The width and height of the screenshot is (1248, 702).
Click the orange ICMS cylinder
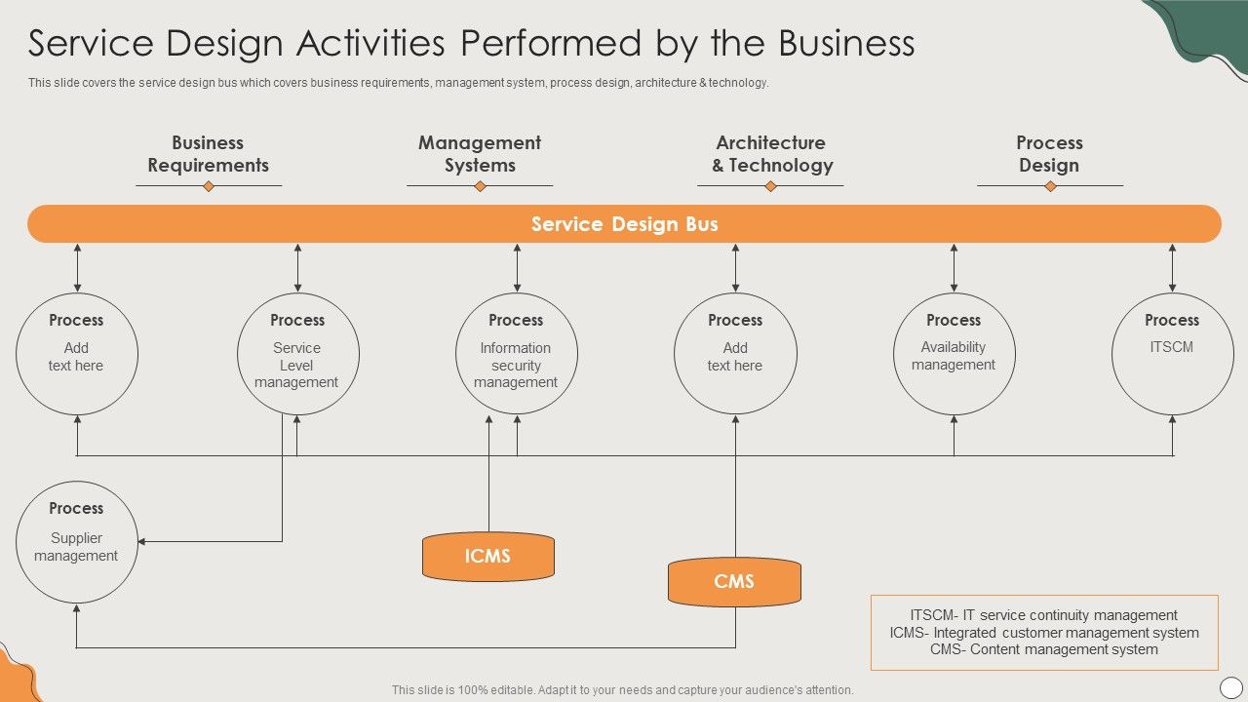point(487,557)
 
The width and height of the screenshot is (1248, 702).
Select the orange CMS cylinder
point(734,582)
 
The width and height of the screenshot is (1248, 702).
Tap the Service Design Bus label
point(624,224)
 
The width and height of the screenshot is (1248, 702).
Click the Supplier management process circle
point(76,542)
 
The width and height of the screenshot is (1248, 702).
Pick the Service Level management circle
point(297,354)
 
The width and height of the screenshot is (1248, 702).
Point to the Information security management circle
point(516,354)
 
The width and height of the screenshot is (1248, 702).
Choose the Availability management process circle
point(954,354)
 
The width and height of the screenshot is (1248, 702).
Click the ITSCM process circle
point(1172,354)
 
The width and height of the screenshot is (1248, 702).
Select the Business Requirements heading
point(208,154)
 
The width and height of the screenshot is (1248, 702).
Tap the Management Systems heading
point(480,154)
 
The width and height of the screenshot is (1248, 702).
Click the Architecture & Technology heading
point(771,154)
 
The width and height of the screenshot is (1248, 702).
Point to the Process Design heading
point(1049,154)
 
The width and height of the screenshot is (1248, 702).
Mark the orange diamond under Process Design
point(1050,186)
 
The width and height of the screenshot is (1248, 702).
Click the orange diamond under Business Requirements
point(208,186)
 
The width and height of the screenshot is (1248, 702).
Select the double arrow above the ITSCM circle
point(1172,268)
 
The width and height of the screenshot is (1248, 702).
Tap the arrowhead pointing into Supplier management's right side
point(142,542)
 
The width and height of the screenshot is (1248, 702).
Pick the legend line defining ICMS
point(1044,633)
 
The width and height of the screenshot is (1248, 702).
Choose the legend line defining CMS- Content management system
point(1044,649)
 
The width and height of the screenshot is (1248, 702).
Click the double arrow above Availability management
point(954,268)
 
